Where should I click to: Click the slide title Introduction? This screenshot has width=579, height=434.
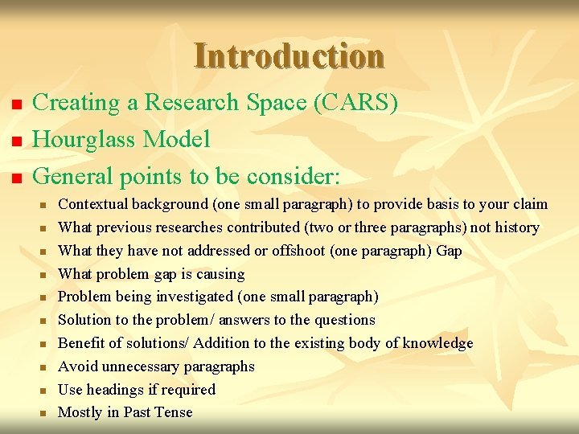coord(289,56)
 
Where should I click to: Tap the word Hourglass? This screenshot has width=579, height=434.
coord(85,140)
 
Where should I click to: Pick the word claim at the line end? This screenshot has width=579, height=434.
coord(529,204)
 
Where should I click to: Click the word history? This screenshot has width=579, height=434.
coord(515,227)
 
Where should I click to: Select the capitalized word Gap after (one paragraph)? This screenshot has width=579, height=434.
coord(449,251)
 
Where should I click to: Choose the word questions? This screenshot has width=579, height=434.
coord(344,320)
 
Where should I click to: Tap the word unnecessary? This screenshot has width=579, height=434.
coord(139,366)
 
